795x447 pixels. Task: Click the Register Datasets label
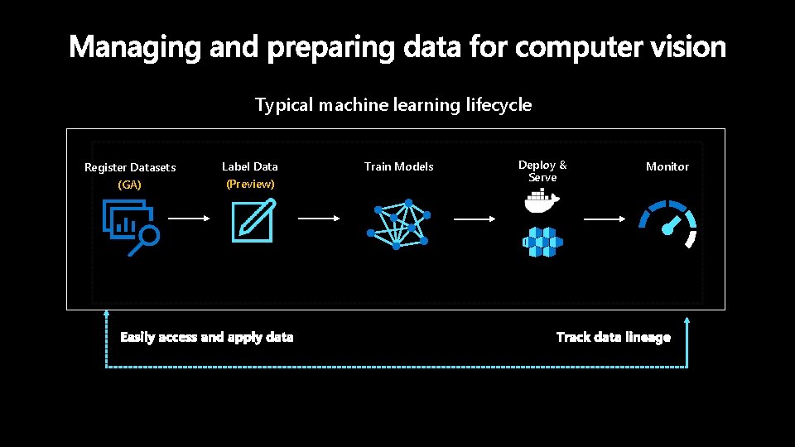[x=130, y=167]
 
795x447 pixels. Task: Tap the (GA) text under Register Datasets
[x=130, y=185]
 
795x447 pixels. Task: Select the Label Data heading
[x=250, y=166]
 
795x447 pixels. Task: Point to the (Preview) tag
[x=250, y=184]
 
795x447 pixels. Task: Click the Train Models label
[x=399, y=166]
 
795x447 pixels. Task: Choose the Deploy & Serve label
[x=542, y=171]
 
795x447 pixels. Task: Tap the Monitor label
[x=667, y=166]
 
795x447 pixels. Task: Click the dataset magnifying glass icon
[x=131, y=228]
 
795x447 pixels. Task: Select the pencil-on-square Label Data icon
[x=253, y=222]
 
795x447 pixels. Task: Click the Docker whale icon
[x=542, y=199]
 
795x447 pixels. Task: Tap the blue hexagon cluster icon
[x=542, y=243]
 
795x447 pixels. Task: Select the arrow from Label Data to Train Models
[x=319, y=219]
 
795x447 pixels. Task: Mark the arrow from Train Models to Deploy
[x=475, y=219]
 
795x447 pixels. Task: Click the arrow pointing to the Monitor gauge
[x=605, y=219]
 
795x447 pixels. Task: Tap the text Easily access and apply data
[x=206, y=337]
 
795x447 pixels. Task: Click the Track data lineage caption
[x=614, y=337]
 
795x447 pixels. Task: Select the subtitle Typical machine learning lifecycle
[x=393, y=105]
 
